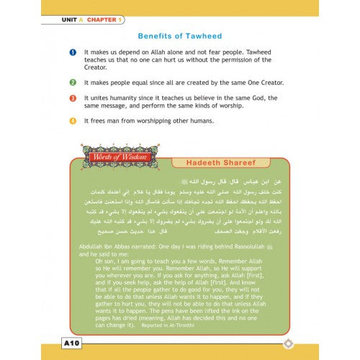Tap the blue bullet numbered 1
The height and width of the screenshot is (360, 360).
(x=73, y=53)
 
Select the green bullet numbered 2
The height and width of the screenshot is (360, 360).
(x=73, y=83)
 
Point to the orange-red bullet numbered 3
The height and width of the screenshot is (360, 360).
(x=73, y=98)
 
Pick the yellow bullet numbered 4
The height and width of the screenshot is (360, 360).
(x=73, y=120)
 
